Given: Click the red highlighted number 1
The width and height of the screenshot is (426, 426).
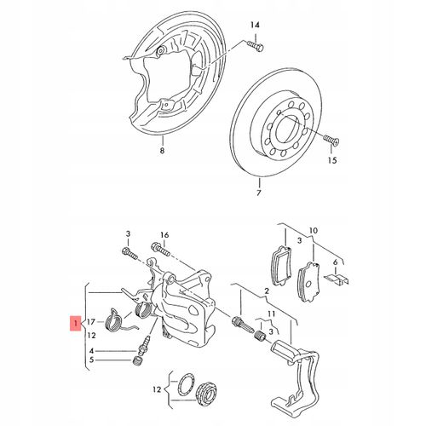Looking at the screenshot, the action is (75, 323).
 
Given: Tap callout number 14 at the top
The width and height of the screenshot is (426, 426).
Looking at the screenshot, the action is (255, 25).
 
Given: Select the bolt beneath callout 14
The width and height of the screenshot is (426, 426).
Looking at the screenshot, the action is (256, 46).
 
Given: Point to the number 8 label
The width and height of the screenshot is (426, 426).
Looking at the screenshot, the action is (162, 150).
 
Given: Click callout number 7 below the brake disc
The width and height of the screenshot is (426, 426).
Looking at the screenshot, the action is (258, 193).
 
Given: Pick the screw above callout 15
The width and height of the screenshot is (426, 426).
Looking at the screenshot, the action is (331, 140).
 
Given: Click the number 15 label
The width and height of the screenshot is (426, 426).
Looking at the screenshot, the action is (332, 160).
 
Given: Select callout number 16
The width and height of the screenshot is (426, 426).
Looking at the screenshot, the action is (164, 235).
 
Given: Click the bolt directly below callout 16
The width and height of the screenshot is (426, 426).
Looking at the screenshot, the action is (161, 249).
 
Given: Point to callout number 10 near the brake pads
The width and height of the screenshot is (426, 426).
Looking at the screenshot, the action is (314, 230).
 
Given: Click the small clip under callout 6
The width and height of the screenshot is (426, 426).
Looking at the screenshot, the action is (337, 279).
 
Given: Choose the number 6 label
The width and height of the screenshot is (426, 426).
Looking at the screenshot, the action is (336, 262).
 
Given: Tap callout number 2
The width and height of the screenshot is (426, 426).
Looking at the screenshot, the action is (267, 291).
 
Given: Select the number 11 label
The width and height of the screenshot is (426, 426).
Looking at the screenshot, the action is (271, 314).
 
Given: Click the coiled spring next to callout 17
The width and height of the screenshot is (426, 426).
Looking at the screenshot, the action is (113, 320).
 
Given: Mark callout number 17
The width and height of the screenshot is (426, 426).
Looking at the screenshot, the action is (90, 322).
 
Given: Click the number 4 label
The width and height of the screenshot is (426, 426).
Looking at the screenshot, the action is (91, 351).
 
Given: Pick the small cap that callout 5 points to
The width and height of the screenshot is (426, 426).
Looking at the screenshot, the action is (138, 361).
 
